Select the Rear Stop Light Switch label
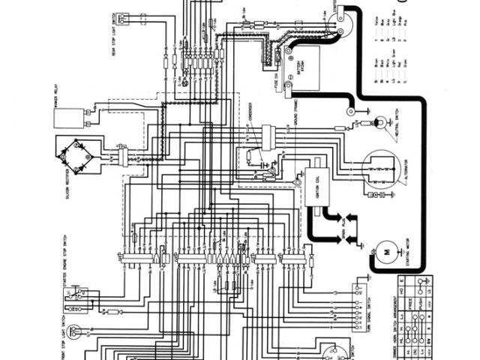click(x=114, y=34)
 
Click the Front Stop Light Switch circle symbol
click(x=78, y=345)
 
